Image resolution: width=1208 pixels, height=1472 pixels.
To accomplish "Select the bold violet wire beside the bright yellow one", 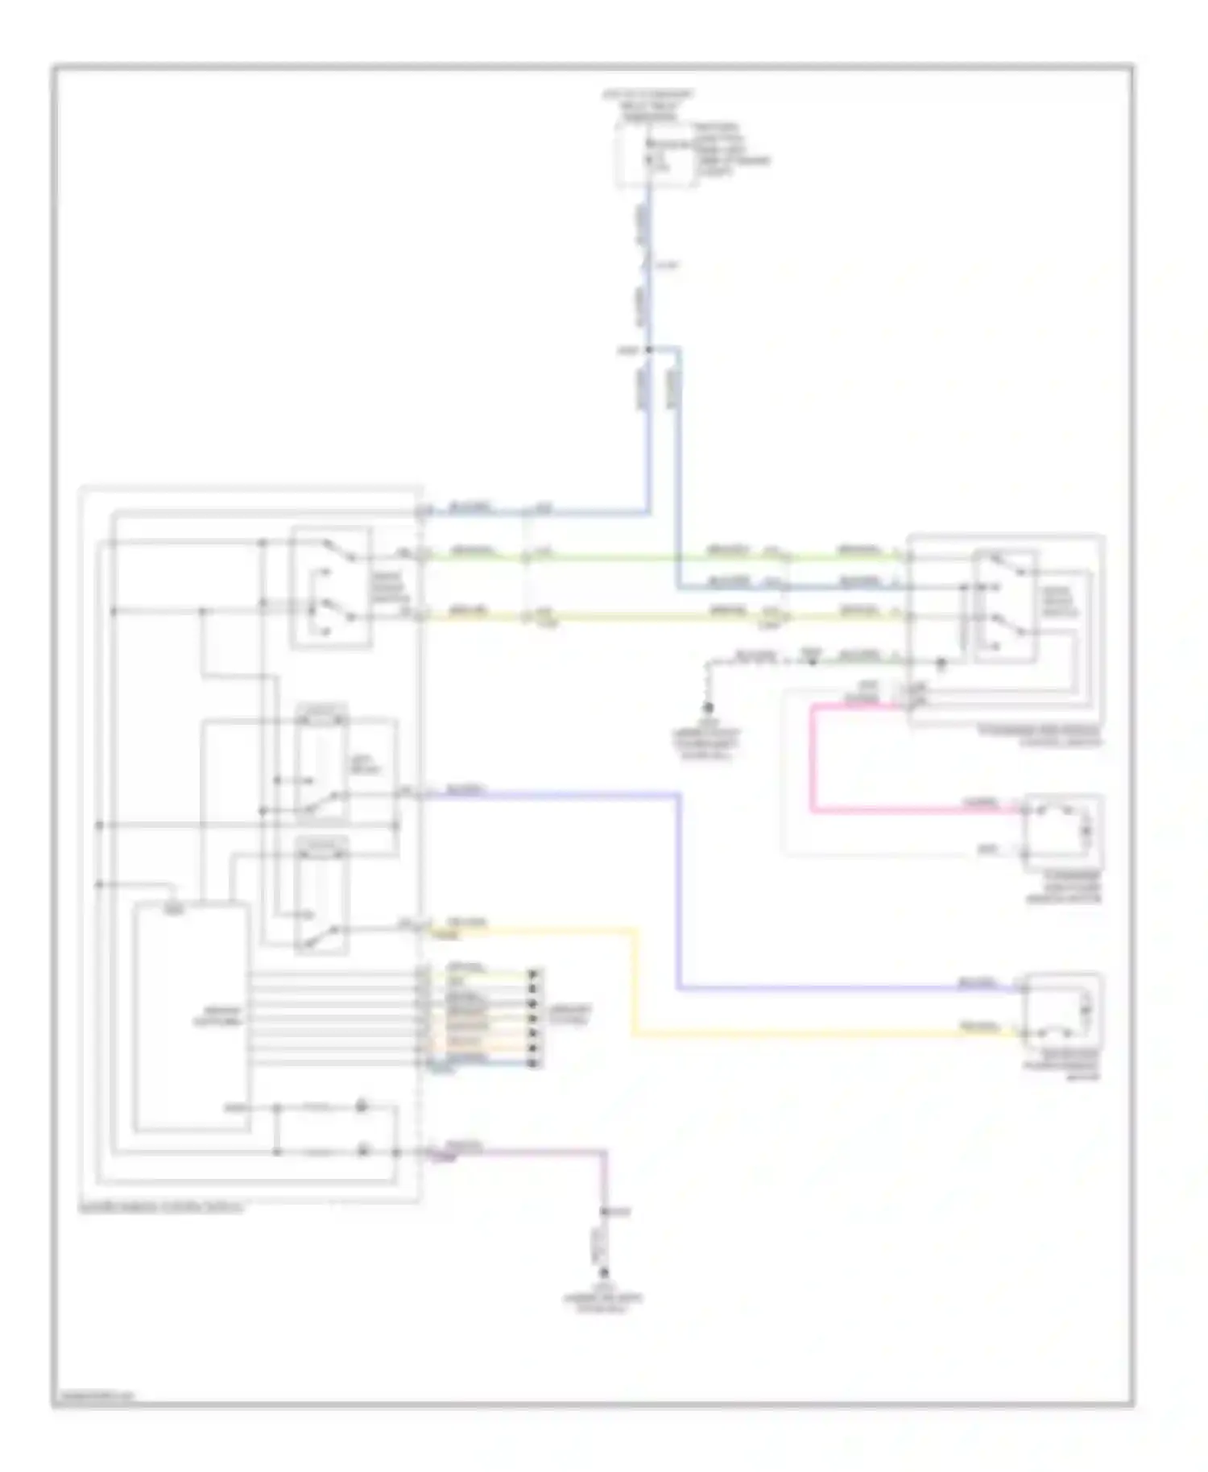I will point(681,886).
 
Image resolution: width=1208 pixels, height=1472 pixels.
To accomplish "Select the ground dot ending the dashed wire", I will point(709,708).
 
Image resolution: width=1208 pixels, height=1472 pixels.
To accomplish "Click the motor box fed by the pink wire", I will point(1062,830).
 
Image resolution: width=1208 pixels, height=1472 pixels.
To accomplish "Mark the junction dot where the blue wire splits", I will point(648,350).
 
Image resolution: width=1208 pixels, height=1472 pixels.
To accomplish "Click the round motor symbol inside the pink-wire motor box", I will point(1085,828).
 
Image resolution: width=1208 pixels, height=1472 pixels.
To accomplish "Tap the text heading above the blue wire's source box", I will point(648,105).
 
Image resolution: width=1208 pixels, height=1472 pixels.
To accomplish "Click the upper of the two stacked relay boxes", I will point(322,765).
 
